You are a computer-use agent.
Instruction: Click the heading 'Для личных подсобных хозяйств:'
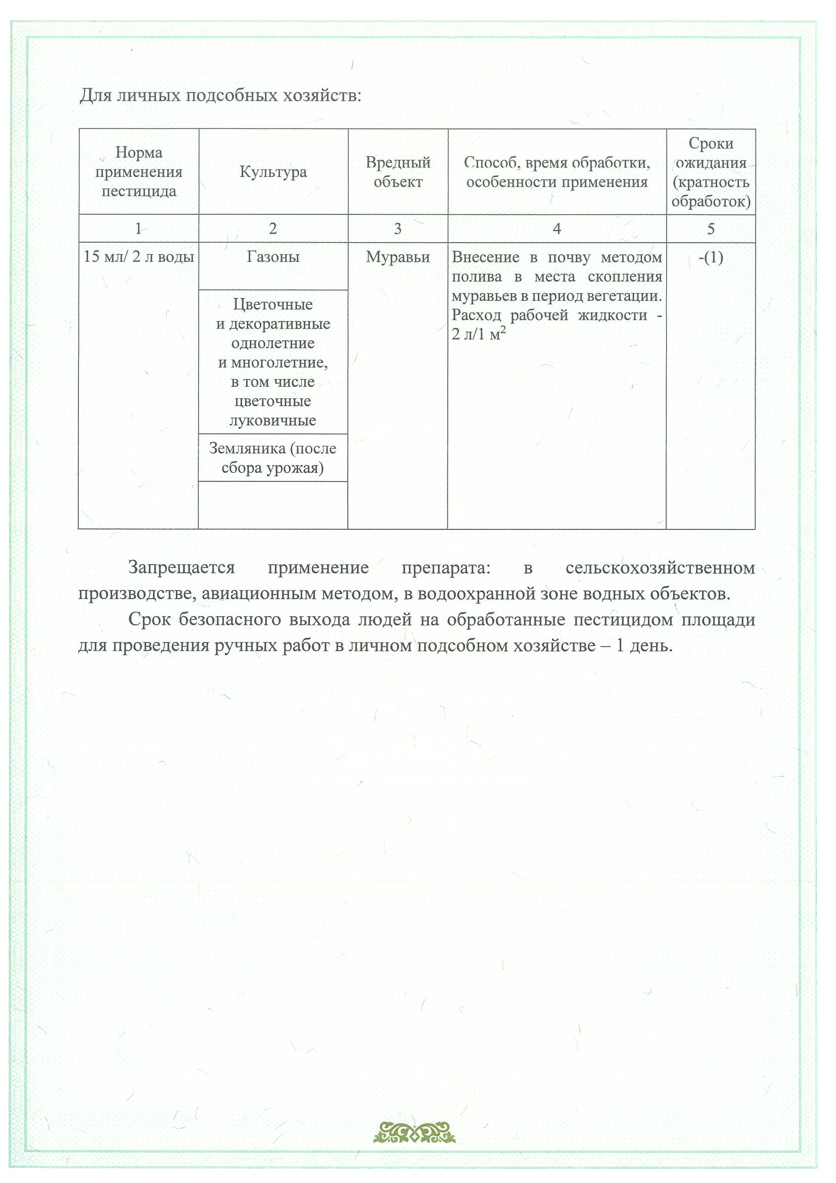pyautogui.click(x=220, y=96)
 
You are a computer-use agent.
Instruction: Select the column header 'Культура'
pyautogui.click(x=273, y=172)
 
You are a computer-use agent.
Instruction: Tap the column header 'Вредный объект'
pyautogui.click(x=398, y=172)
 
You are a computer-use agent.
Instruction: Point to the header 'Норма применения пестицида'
pyautogui.click(x=138, y=172)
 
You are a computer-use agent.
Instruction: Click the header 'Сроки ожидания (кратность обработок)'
pyautogui.click(x=711, y=172)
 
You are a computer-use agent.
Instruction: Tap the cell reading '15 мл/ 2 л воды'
pyautogui.click(x=138, y=257)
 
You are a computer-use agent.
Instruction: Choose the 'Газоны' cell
pyautogui.click(x=273, y=257)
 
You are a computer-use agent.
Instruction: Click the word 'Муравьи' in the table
pyautogui.click(x=398, y=257)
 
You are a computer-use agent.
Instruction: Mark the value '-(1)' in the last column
pyautogui.click(x=711, y=257)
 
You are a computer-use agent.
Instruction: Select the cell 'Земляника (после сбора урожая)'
pyautogui.click(x=272, y=458)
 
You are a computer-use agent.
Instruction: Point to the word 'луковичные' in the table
pyautogui.click(x=272, y=421)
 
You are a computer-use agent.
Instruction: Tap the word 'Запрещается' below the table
pyautogui.click(x=181, y=568)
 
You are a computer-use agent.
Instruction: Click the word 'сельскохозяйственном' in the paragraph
pyautogui.click(x=660, y=568)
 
